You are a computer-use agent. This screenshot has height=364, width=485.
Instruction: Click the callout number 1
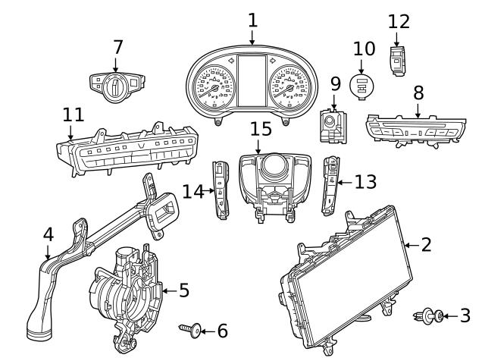[x=252, y=20]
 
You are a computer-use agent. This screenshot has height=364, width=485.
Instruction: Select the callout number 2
[x=426, y=244]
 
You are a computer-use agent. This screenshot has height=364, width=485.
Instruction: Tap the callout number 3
[x=465, y=315]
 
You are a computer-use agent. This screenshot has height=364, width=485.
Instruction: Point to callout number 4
[x=48, y=234]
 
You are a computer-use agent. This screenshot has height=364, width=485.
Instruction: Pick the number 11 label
[x=73, y=115]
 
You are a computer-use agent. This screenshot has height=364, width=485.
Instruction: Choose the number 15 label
[x=260, y=129]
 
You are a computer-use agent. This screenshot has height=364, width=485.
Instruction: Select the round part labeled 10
[x=363, y=85]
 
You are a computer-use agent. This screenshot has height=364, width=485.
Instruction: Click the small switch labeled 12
[x=397, y=59]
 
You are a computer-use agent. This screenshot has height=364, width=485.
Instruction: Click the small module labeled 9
[x=330, y=124]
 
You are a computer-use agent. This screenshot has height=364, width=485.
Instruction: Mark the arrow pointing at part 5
[x=168, y=290]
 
